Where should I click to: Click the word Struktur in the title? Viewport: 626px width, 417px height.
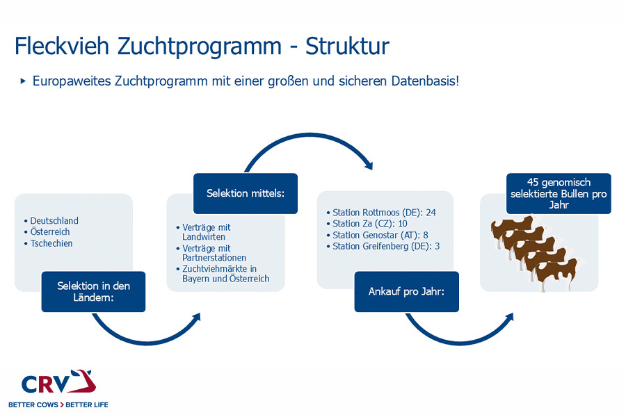(347, 47)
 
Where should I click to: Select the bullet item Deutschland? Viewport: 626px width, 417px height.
(54, 220)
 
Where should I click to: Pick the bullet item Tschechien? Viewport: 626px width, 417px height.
(51, 243)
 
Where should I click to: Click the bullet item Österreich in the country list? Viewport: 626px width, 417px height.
(50, 232)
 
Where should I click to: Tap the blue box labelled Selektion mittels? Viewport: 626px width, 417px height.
(246, 193)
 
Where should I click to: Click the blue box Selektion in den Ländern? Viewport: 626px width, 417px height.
(93, 291)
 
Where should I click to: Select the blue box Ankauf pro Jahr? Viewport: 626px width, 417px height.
(407, 291)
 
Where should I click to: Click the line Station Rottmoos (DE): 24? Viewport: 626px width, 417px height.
(384, 212)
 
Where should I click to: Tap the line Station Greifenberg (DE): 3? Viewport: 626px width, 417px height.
(386, 246)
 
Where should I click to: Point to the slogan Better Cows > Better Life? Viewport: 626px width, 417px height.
(58, 404)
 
